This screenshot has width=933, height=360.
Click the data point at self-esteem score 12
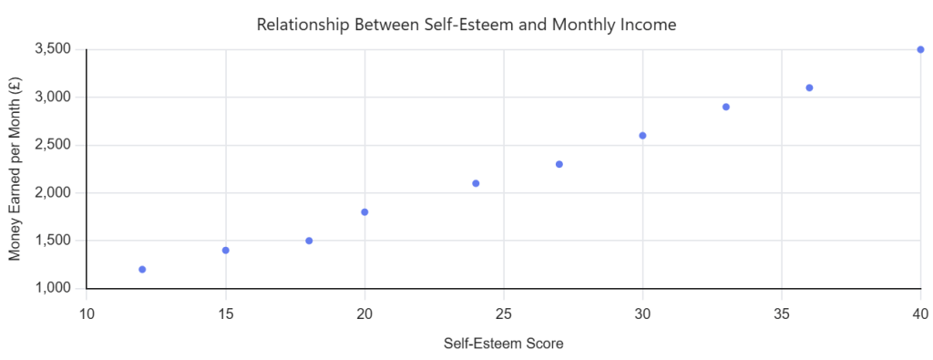pyautogui.click(x=142, y=269)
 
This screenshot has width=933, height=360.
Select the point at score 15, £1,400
pyautogui.click(x=226, y=250)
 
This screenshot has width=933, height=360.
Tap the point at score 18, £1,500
pyautogui.click(x=309, y=241)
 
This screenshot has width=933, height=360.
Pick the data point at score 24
pyautogui.click(x=476, y=183)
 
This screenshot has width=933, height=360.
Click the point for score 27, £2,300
pyautogui.click(x=559, y=164)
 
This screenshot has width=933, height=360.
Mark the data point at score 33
pyautogui.click(x=726, y=108)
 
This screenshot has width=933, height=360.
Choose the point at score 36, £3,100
pyautogui.click(x=809, y=87)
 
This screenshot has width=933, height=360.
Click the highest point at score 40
pyautogui.click(x=920, y=49)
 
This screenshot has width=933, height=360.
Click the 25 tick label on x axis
pyautogui.click(x=503, y=313)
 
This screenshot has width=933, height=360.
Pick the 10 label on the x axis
pyautogui.click(x=87, y=313)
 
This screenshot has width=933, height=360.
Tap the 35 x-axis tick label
pyautogui.click(x=781, y=313)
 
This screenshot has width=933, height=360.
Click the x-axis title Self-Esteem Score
pyautogui.click(x=503, y=344)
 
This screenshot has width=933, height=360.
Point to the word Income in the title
pyautogui.click(x=654, y=25)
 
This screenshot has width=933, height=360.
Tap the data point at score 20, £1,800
pyautogui.click(x=364, y=211)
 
